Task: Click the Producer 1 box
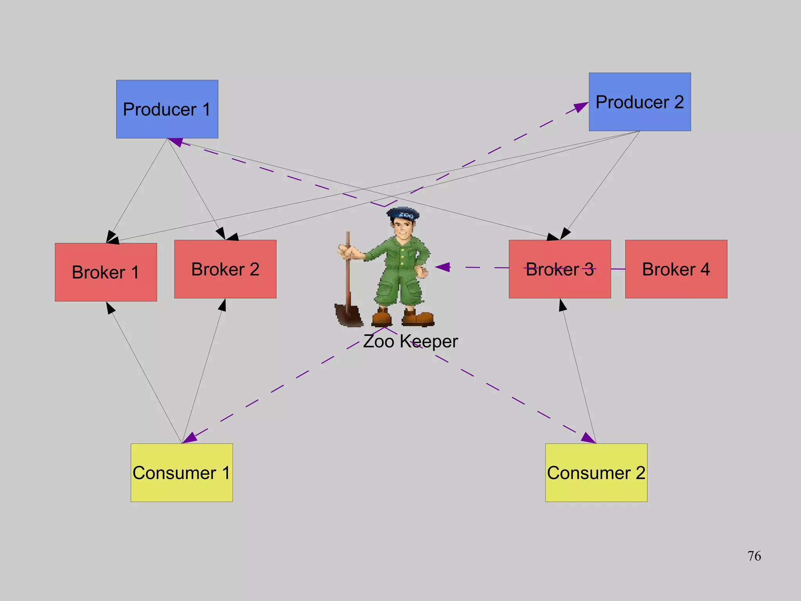point(167,109)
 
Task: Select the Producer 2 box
point(639,102)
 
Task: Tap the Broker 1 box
point(106,272)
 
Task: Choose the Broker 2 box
point(225,269)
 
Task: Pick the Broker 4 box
point(676,269)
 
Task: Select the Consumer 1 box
point(181,472)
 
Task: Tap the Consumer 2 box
point(596,472)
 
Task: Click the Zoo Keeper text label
point(410,341)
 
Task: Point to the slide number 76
point(754,556)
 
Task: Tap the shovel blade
point(348,315)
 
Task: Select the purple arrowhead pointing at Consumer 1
point(190,438)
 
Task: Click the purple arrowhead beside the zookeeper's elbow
point(443,267)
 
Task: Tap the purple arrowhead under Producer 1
point(176,142)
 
